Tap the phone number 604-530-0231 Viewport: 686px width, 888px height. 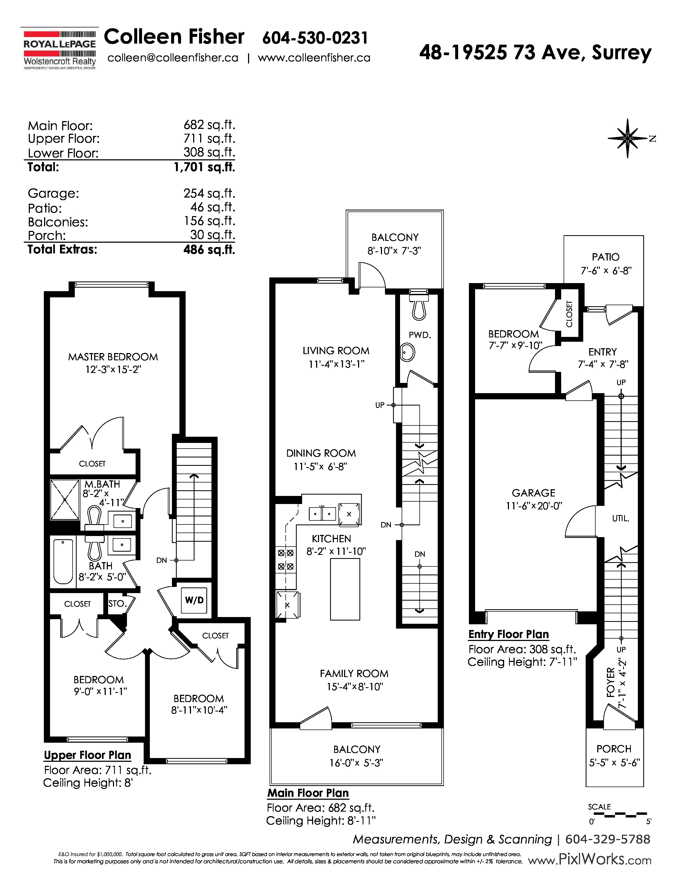coord(315,38)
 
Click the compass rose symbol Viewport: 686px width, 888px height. coord(628,139)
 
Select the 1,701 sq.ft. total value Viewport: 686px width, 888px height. coord(204,167)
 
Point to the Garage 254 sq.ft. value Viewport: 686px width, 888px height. coord(209,193)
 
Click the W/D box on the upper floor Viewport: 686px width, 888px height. coord(194,600)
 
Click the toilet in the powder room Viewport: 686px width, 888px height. coord(419,307)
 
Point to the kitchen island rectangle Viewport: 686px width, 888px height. coord(345,589)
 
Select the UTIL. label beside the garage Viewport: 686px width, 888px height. coord(621,519)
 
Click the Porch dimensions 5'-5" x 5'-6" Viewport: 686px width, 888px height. coord(614,763)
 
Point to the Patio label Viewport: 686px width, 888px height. coord(606,257)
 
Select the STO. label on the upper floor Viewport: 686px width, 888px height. coord(118,604)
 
